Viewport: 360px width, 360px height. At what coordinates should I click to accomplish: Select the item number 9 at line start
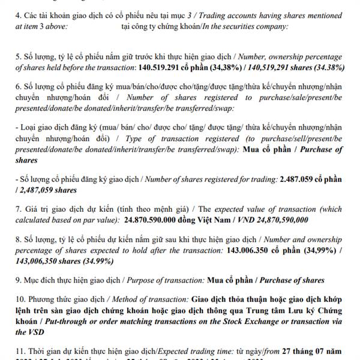click(18, 280)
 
